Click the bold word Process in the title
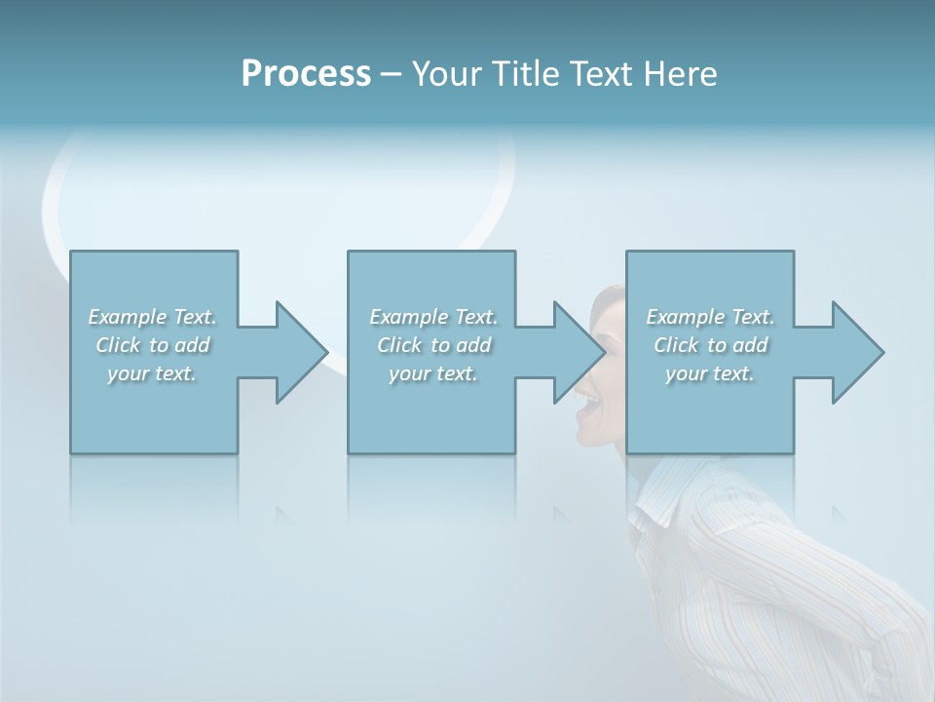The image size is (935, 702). coord(306,74)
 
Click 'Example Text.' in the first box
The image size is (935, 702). coord(153,317)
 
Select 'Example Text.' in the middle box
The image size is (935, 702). coord(433,317)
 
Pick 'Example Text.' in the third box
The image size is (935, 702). coord(710,317)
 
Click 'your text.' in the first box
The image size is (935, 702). coord(152,373)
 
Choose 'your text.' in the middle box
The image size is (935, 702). coord(432,373)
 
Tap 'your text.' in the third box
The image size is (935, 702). coord(710,373)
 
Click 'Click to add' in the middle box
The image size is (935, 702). coord(433,345)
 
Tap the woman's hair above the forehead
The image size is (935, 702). coord(610,296)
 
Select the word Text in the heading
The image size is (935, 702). coord(600,74)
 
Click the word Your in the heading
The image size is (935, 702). coord(446,74)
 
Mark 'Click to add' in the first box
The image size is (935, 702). coord(153,345)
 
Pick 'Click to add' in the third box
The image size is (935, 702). coord(710,345)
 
